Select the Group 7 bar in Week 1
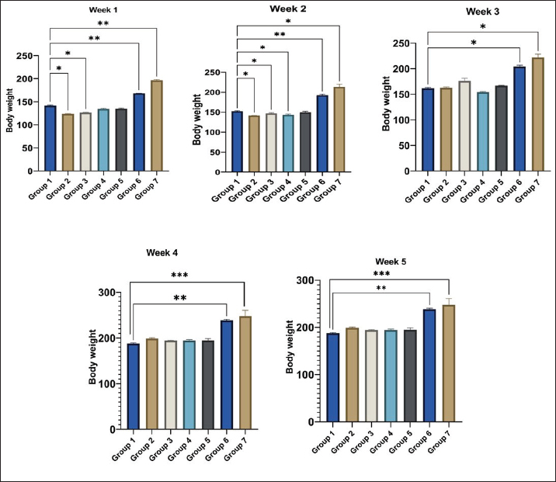[157, 125]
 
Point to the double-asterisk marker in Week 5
[381, 288]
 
